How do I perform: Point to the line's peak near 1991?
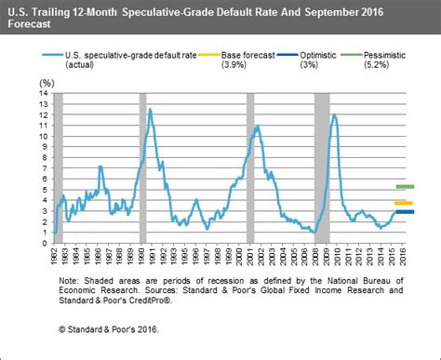tap(150, 109)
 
